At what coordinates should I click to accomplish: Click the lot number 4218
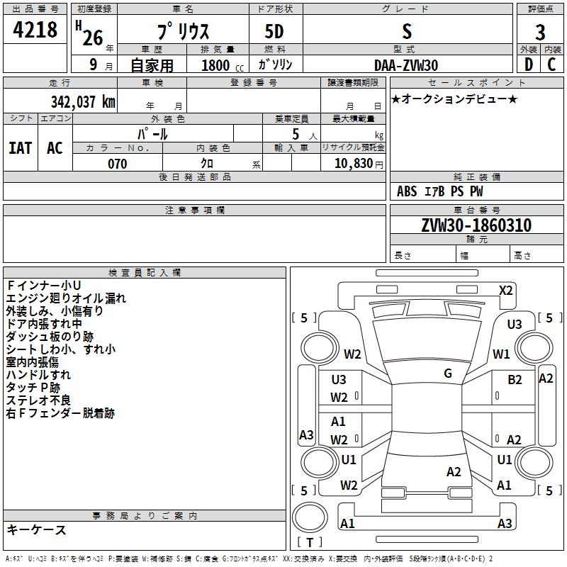coord(35,29)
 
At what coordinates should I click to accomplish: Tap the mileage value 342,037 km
coord(83,102)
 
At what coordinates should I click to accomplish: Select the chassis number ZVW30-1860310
coord(476,225)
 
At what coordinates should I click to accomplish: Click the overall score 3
coord(540,32)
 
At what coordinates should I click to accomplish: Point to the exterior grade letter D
coord(529,64)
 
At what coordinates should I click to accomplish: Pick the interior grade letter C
coord(551,64)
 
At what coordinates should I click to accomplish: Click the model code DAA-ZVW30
coord(406,65)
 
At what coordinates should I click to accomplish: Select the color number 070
coord(118,164)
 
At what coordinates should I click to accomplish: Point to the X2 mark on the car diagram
coord(505,291)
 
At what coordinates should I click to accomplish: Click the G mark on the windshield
coord(448,374)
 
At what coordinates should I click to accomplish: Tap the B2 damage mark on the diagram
coord(515,380)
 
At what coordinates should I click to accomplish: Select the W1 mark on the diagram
coord(501,354)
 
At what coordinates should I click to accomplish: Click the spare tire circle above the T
coord(310,517)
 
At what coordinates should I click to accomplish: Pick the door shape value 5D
coord(274,32)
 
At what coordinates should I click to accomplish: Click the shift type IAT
coord(20,148)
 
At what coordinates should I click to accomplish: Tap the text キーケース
coord(37,529)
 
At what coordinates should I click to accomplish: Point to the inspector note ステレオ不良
coord(38,400)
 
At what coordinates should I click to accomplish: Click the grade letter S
coord(407,31)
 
